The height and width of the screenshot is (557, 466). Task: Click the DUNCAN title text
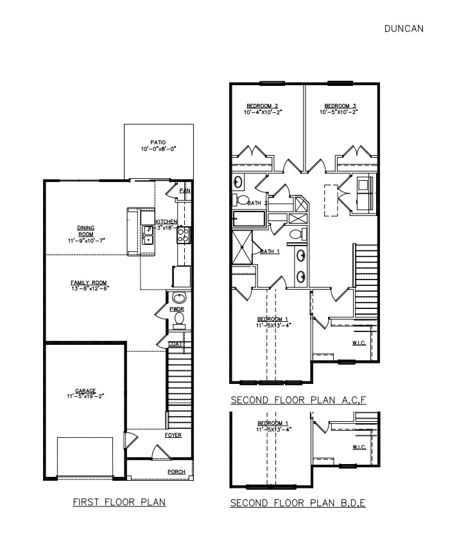tap(403, 28)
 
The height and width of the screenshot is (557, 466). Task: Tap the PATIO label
tap(158, 142)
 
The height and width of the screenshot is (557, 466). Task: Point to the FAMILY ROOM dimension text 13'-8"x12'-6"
tap(89, 288)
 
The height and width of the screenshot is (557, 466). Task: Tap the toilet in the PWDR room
tap(179, 318)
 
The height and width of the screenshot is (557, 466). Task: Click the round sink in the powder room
tap(178, 298)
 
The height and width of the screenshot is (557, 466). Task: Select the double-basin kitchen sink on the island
tap(148, 235)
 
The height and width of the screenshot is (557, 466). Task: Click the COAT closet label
tap(175, 344)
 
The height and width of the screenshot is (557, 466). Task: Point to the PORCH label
tap(177, 472)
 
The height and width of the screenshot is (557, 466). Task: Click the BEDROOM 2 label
tap(263, 106)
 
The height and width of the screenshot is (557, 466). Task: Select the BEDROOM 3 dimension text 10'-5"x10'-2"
tap(340, 112)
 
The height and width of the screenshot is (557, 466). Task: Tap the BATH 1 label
tap(270, 252)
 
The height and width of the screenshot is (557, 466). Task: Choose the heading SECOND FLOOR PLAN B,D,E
tap(298, 503)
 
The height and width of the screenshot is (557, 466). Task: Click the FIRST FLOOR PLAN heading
tap(119, 502)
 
